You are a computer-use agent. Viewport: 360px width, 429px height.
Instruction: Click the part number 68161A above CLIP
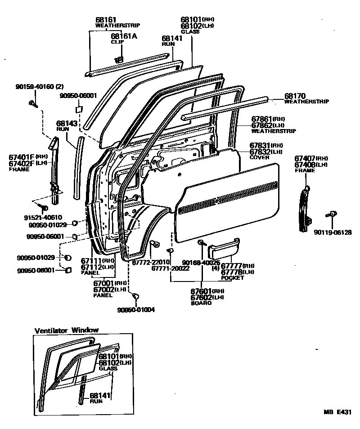[124, 36]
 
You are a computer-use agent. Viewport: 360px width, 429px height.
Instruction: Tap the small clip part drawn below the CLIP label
[119, 59]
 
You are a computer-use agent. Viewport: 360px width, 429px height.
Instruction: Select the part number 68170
[295, 96]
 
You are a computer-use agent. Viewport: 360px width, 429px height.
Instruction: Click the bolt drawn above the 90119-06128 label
[333, 215]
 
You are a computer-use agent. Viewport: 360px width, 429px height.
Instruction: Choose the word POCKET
[232, 278]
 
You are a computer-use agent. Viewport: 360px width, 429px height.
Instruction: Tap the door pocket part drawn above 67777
[225, 247]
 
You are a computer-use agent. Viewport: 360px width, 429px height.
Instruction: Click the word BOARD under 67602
[201, 303]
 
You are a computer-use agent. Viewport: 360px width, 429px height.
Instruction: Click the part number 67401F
[22, 157]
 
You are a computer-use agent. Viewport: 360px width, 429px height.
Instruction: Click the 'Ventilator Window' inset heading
[67, 330]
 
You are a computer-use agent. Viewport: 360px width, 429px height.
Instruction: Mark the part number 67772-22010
[151, 262]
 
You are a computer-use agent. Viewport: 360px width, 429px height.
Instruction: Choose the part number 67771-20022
[170, 268]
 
